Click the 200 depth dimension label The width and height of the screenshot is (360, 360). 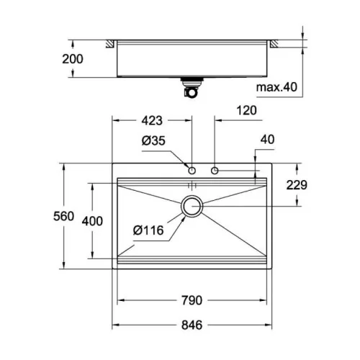point(73,59)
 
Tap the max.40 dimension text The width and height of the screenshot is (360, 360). point(276,87)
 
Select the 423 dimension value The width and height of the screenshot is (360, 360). point(152,120)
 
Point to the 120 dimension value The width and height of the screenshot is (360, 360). point(246,110)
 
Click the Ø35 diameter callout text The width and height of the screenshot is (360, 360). point(153,140)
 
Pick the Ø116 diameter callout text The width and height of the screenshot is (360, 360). point(148,230)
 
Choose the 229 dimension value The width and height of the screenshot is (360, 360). point(297,185)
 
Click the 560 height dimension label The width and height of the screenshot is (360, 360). point(63,216)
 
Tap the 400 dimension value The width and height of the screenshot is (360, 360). point(92,221)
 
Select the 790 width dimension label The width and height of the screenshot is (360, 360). point(192,300)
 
